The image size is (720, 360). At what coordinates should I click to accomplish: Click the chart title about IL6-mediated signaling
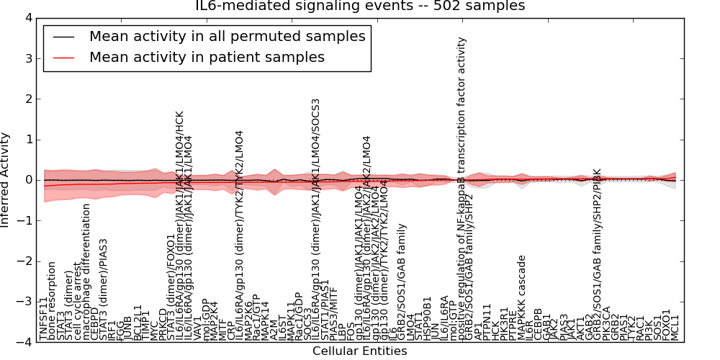click(x=360, y=6)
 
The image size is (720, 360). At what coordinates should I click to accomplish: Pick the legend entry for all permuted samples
click(x=227, y=36)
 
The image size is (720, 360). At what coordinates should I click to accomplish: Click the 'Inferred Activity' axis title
click(x=6, y=180)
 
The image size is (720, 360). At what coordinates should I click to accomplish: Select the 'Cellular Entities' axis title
click(x=359, y=351)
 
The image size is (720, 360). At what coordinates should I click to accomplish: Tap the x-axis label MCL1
click(x=675, y=327)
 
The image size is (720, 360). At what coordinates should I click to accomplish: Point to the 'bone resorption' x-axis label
click(x=53, y=301)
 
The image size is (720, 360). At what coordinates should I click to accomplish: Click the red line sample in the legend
click(x=63, y=58)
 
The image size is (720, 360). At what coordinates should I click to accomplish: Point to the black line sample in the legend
click(x=63, y=37)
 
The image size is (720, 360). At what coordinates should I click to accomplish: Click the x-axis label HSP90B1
click(x=428, y=318)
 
